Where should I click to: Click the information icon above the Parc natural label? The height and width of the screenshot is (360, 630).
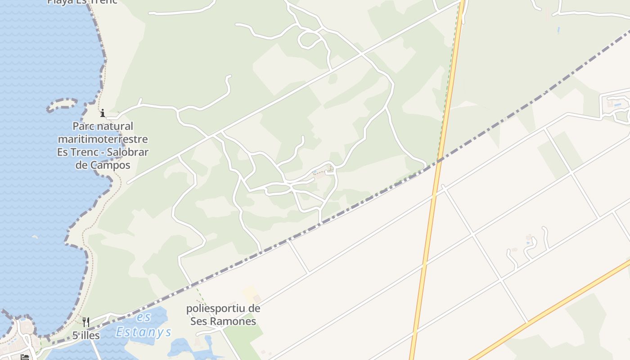tap(103, 112)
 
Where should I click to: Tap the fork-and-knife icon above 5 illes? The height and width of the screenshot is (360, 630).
tap(86, 322)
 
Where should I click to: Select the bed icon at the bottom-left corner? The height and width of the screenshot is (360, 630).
tap(25, 357)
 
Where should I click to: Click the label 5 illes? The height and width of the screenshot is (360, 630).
tap(86, 335)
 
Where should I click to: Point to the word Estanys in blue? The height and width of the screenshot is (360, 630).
tap(144, 332)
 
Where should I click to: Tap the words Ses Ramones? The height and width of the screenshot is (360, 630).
tap(223, 321)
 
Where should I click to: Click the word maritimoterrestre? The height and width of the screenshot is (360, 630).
tap(103, 139)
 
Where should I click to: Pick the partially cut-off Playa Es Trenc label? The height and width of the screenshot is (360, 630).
tap(82, 2)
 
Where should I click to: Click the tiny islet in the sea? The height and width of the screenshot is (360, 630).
tap(35, 236)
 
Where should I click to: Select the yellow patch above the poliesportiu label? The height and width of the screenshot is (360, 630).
tap(250, 294)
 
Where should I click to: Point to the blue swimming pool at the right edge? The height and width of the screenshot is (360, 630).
tap(617, 105)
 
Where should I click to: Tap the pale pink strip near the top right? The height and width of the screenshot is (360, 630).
tap(547, 13)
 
